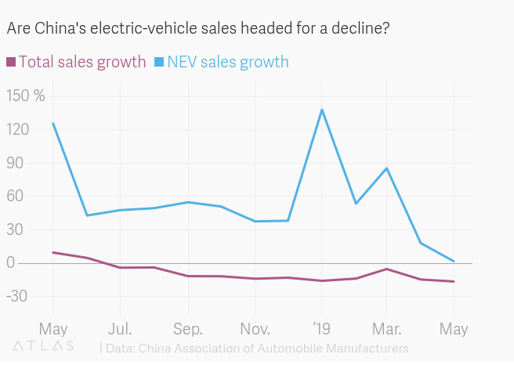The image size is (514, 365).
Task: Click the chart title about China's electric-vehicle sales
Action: tap(198, 29)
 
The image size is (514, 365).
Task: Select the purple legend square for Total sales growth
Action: tap(11, 62)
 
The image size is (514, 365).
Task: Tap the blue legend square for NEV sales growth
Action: tap(159, 62)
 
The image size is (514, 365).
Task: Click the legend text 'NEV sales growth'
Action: tap(228, 62)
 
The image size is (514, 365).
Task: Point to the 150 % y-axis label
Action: tap(26, 96)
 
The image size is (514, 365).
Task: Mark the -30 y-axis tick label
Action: tap(22, 297)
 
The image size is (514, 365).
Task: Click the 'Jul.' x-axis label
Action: tap(120, 327)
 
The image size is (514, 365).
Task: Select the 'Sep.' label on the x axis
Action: tap(188, 327)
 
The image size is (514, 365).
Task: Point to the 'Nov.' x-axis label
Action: tap(255, 327)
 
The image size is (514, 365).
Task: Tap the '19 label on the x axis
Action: tap(322, 327)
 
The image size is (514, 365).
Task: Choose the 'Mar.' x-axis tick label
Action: tap(386, 327)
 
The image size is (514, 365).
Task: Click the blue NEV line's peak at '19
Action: tap(322, 110)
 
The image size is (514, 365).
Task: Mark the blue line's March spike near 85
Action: tap(387, 168)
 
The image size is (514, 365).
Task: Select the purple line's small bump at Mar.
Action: tap(387, 269)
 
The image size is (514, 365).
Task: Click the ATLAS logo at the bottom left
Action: tap(43, 345)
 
